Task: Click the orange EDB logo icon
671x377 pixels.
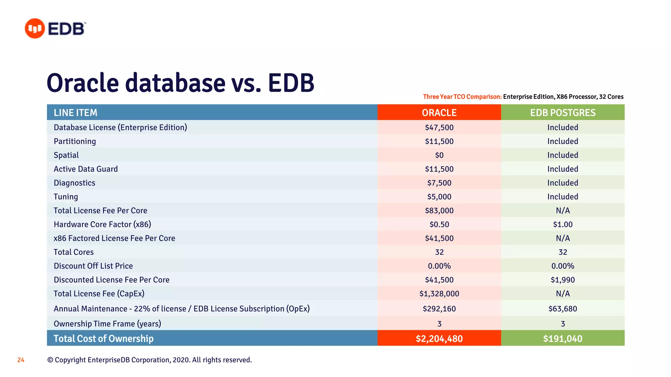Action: click(x=35, y=28)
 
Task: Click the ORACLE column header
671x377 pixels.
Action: click(x=439, y=113)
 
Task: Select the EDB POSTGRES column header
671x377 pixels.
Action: click(x=563, y=113)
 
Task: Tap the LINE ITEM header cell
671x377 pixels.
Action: click(x=76, y=113)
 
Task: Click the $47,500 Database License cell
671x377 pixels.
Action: click(x=439, y=127)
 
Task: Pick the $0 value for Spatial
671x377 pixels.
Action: click(x=439, y=155)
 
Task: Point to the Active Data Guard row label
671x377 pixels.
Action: click(x=86, y=169)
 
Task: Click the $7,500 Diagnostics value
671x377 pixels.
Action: click(x=439, y=183)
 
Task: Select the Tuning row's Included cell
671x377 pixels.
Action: click(x=563, y=197)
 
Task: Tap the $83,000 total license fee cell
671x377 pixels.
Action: click(x=439, y=210)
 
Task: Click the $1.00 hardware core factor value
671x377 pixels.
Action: click(x=563, y=224)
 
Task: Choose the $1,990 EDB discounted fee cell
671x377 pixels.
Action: click(x=563, y=280)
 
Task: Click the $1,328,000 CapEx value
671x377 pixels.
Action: click(x=439, y=294)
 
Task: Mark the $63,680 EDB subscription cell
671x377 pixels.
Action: click(x=563, y=309)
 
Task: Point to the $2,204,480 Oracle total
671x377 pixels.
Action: click(x=439, y=338)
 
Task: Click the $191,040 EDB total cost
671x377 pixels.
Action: click(x=563, y=338)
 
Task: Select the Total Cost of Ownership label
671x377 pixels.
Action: click(x=104, y=338)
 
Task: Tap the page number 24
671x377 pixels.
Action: click(x=21, y=360)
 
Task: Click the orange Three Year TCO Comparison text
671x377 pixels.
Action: click(x=462, y=97)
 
